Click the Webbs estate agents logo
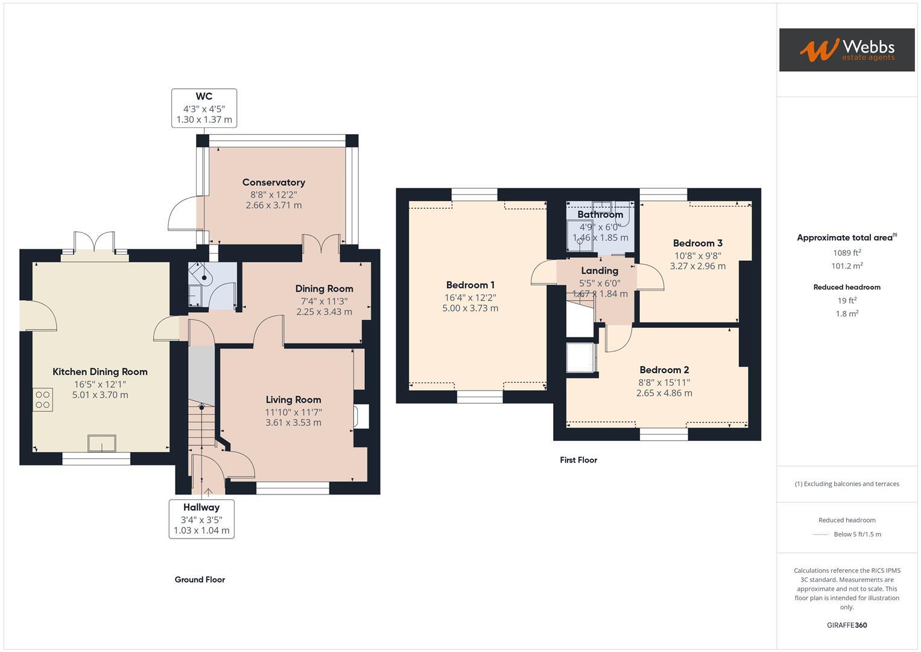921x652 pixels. tap(846, 50)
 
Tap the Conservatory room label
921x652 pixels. tap(274, 182)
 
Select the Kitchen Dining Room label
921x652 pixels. tap(100, 372)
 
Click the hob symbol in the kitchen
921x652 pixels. tap(43, 400)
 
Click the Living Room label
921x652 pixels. tap(293, 400)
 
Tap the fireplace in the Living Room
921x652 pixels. tap(362, 417)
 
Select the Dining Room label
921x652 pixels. tap(324, 289)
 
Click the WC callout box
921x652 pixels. tap(204, 108)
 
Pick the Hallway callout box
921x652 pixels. tap(201, 519)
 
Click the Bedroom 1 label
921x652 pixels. tap(470, 285)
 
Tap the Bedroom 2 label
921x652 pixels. tap(664, 370)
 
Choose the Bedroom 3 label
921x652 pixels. tap(698, 243)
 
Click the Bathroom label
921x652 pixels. tap(600, 214)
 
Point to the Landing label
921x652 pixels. tap(600, 270)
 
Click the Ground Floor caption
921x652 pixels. tap(200, 580)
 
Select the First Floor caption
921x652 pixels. tap(578, 460)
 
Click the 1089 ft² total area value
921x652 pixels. tap(847, 253)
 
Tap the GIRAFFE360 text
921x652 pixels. tap(847, 625)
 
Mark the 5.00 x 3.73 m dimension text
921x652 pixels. tap(470, 308)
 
